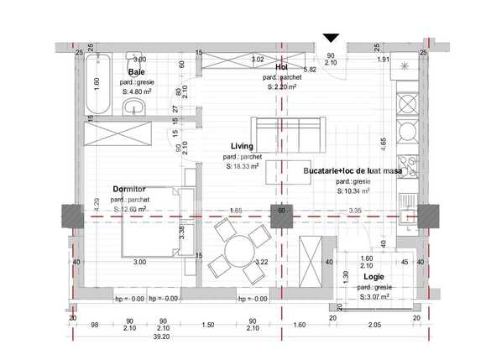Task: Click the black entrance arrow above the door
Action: tap(331, 38)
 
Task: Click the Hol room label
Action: tap(282, 67)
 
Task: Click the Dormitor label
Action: tap(130, 189)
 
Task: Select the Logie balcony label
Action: tap(374, 276)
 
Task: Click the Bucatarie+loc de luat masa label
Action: tap(353, 170)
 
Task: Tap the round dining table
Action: tap(238, 249)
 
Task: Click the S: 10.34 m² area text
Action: tap(353, 190)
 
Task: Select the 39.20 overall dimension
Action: tap(161, 337)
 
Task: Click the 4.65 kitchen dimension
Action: tap(384, 143)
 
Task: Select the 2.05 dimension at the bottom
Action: tap(375, 325)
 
